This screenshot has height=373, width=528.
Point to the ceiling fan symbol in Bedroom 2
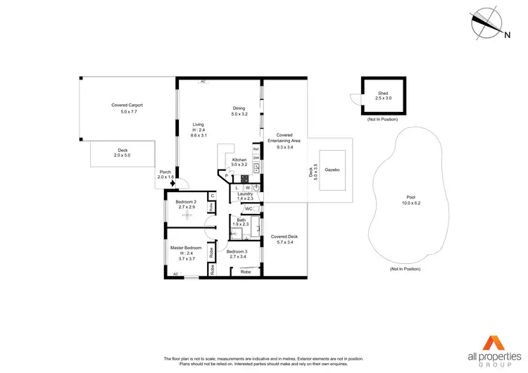click(187, 215)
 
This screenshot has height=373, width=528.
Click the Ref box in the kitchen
click(256, 151)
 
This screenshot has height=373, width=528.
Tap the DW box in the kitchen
click(256, 158)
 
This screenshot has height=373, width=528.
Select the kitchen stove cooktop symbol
click(246, 178)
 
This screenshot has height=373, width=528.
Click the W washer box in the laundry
click(248, 188)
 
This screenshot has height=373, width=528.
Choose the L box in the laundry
click(237, 188)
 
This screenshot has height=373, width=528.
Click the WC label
click(249, 209)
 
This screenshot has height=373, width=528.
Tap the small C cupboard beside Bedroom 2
click(212, 196)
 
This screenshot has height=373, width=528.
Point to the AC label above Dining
click(203, 82)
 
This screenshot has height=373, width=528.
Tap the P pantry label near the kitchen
click(227, 176)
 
